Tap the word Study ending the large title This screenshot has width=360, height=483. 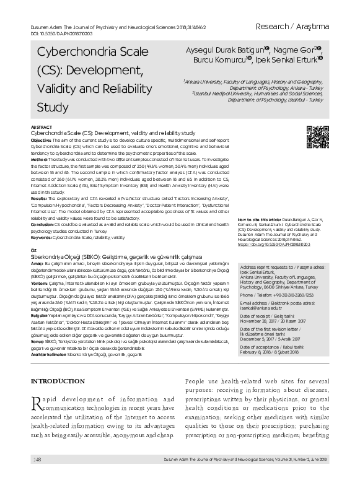53,107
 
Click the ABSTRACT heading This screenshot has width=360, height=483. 41,126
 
